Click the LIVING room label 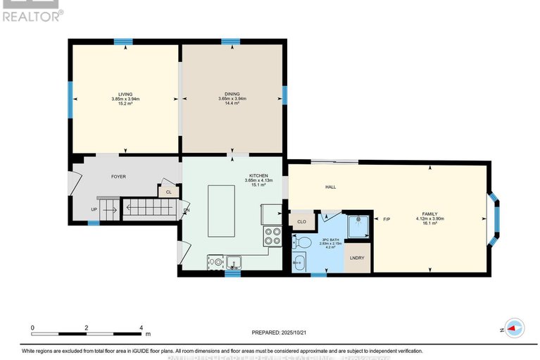click(125, 94)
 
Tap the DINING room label click(232, 94)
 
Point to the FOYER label click(118, 176)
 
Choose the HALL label click(330, 187)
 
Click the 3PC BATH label click(326, 240)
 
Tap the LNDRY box click(358, 259)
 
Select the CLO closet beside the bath click(301, 221)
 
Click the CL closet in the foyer click(168, 191)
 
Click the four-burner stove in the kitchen click(271, 236)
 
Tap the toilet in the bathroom click(303, 242)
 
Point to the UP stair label click(94, 209)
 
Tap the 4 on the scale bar click(142, 328)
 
